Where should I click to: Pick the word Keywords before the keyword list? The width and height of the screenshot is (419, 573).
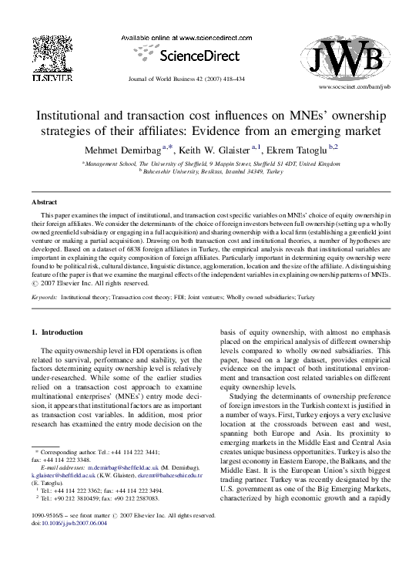click(x=45, y=297)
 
